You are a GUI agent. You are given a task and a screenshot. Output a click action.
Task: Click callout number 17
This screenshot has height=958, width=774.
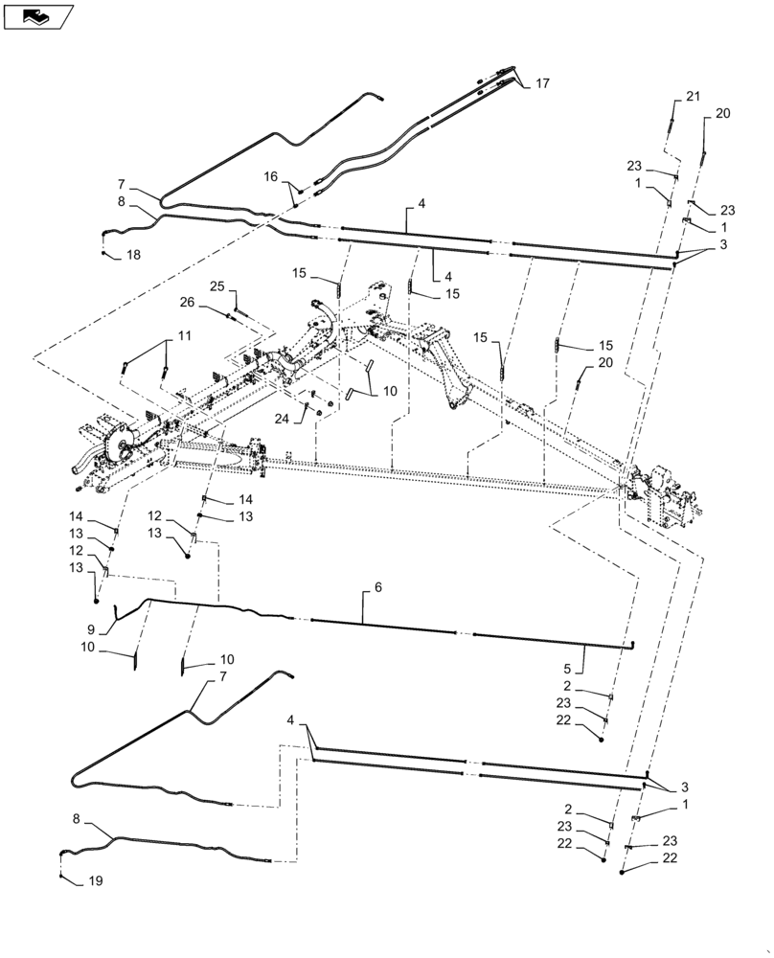coord(542,84)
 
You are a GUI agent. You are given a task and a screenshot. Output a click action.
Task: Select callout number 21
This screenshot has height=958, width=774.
coord(693,96)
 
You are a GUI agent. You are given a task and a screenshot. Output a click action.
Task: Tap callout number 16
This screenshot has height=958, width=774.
coord(270,176)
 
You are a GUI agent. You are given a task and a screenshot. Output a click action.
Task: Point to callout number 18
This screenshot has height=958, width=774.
coord(132,255)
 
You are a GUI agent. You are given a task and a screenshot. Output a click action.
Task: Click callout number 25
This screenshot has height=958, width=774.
coord(217,286)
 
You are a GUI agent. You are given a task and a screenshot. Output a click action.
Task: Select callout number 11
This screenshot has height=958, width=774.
coord(184,336)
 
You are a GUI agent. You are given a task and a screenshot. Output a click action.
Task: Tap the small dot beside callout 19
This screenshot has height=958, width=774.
coord(60,877)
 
